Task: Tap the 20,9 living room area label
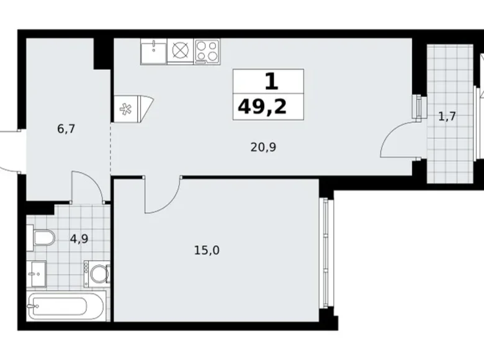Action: (264, 148)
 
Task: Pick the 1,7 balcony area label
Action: (447, 116)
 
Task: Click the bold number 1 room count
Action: (269, 81)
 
